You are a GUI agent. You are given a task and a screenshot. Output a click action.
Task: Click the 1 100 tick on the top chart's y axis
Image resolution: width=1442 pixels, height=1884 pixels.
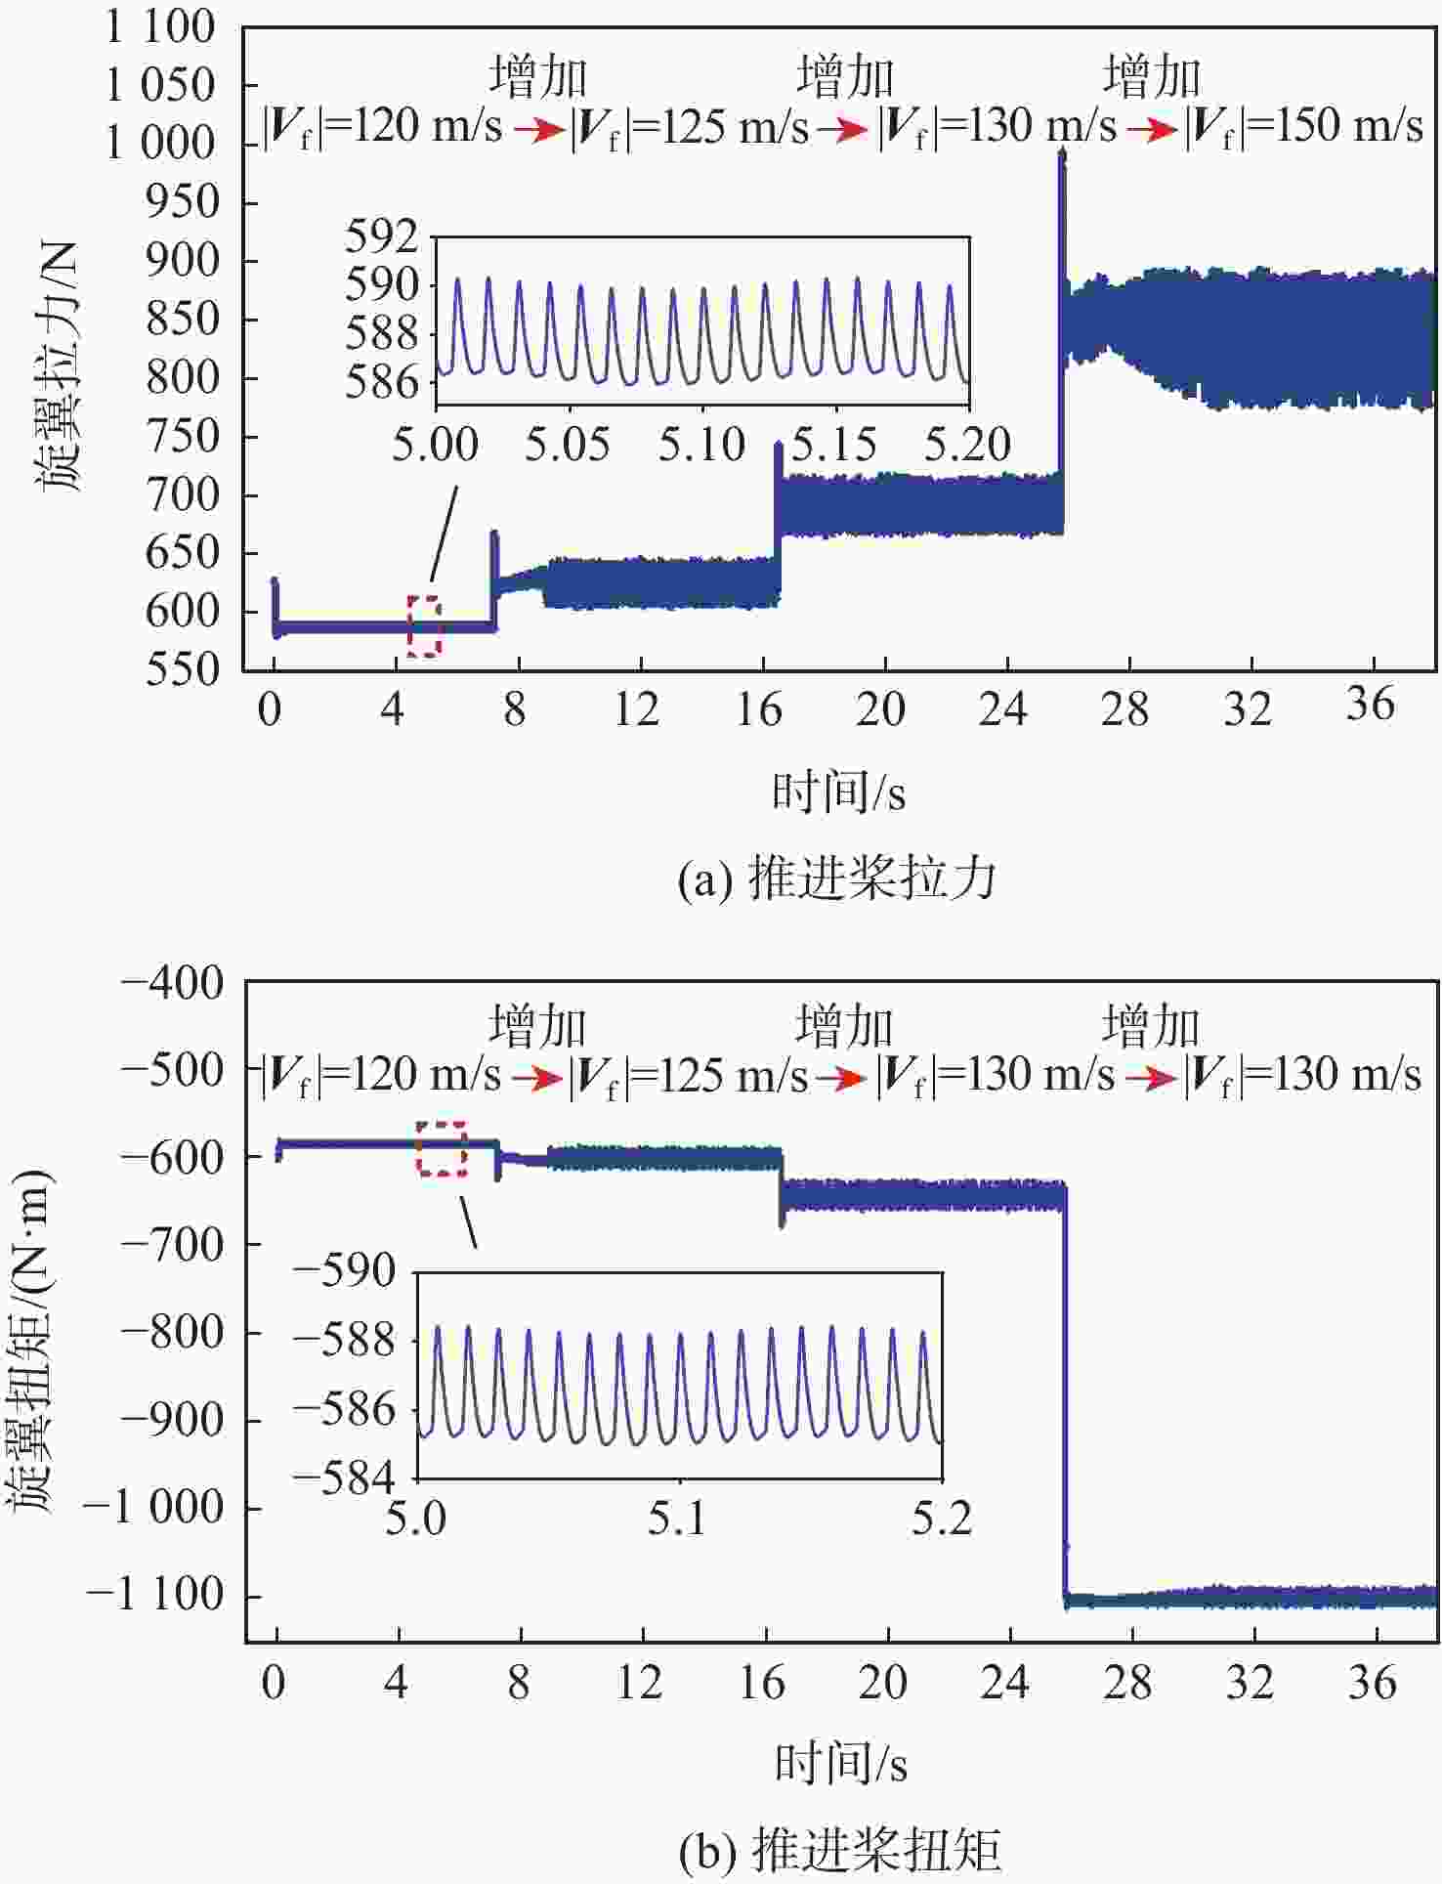[x=159, y=27]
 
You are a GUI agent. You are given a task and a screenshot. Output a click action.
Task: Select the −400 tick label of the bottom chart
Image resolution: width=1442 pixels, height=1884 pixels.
[x=172, y=982]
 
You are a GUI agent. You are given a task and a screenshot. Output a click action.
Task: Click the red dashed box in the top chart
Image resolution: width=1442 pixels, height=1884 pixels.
[x=424, y=625]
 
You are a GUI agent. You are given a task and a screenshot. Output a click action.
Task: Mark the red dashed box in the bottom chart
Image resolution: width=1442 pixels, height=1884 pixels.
[x=442, y=1148]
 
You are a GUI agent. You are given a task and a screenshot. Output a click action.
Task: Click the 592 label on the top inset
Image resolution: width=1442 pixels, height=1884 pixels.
[x=381, y=236]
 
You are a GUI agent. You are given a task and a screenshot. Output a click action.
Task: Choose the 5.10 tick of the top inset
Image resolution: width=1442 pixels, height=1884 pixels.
[x=701, y=446]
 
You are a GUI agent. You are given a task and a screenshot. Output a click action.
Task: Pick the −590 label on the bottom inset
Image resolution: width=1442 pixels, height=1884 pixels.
[x=345, y=1271]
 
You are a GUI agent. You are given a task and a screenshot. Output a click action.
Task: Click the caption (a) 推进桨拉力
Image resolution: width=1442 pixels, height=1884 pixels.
[x=836, y=878]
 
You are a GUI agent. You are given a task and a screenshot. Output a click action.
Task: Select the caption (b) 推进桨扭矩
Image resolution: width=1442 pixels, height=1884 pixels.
[x=838, y=1850]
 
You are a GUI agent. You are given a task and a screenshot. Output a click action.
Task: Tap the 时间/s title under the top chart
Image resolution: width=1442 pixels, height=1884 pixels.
[x=838, y=792]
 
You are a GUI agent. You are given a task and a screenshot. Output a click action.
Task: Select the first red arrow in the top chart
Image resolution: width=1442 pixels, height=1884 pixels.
[x=538, y=130]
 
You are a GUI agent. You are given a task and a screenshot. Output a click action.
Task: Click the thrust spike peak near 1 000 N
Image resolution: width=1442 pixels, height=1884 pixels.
[x=1062, y=156]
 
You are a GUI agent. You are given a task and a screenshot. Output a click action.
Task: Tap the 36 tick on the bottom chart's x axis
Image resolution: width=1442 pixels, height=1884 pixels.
[x=1373, y=1683]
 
